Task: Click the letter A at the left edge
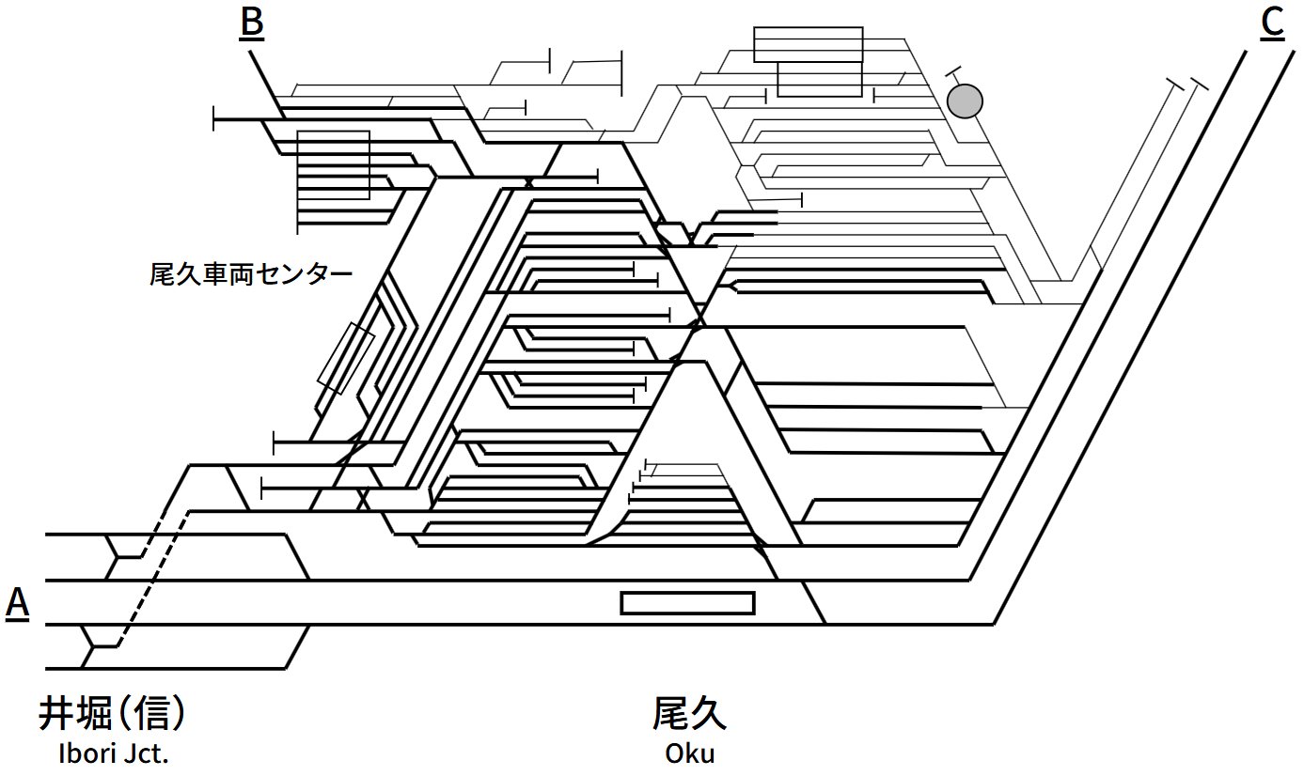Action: [x=17, y=604]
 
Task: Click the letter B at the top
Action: [x=251, y=23]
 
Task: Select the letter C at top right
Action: [x=1271, y=23]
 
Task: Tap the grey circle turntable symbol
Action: [x=965, y=101]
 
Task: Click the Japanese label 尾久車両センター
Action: [x=251, y=275]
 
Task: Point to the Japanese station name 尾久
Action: [x=689, y=715]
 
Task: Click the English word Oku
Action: [x=689, y=753]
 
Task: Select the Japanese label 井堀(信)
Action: [x=111, y=715]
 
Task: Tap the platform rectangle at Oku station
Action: [x=687, y=603]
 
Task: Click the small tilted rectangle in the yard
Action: [x=346, y=357]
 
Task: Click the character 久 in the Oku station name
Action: [x=709, y=715]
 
